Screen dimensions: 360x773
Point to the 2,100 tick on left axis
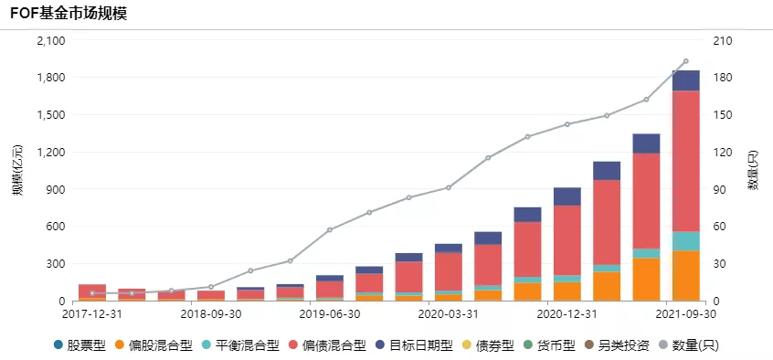point(50,41)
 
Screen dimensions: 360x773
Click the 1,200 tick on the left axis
point(50,153)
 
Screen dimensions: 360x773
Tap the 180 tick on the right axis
point(721,78)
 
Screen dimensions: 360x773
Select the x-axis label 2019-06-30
point(330,314)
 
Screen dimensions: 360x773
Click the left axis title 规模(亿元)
point(16,171)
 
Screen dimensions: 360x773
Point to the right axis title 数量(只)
point(755,171)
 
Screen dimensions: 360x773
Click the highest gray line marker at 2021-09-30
point(685,62)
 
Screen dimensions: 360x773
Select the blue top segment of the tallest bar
point(685,80)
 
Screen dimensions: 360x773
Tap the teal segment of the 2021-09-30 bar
point(685,240)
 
